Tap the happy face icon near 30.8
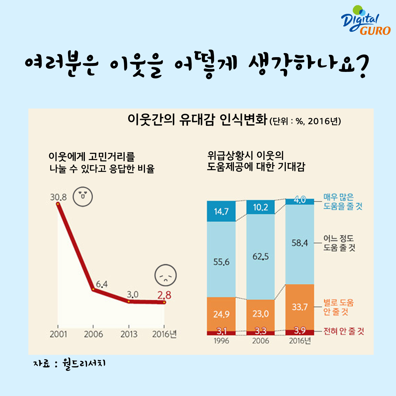pos(83,197)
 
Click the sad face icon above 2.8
pos(166,275)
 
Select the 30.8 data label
pos(58,197)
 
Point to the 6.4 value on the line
pos(102,284)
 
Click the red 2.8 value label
pos(164,295)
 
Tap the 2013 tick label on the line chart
pos(129,334)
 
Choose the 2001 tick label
pos(58,334)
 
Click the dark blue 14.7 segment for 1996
pos(221,211)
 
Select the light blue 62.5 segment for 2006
pos(260,257)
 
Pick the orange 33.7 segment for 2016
pos(300,307)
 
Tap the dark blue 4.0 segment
pos(300,200)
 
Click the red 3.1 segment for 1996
pos(221,332)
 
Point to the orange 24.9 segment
pos(221,314)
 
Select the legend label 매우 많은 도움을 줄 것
pos(343,202)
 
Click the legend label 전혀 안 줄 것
pos(344,331)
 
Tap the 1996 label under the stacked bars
pos(221,341)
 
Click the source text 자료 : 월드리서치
pos(70,364)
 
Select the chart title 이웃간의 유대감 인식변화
pos(197,120)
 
